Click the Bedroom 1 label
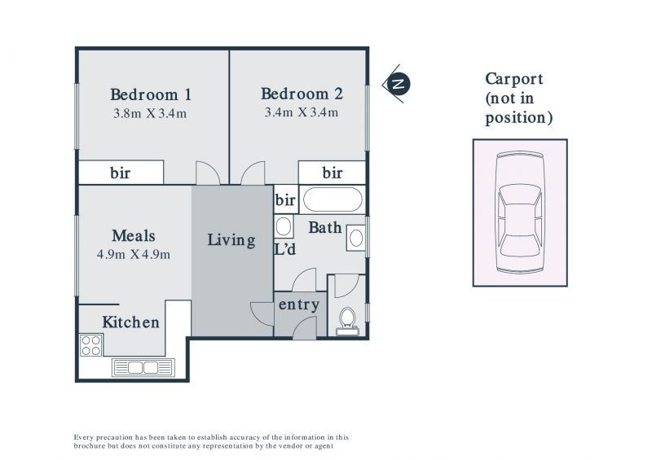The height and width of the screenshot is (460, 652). point(151,94)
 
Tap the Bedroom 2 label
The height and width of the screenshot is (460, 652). point(302,94)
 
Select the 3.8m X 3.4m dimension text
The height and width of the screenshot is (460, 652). point(150,113)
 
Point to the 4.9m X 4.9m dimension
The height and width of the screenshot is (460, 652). point(134,254)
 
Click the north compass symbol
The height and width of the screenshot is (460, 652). point(398,84)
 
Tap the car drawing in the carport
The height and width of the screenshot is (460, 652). point(520,212)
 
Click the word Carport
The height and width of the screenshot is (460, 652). point(514,79)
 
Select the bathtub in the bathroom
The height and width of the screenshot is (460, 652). point(333,199)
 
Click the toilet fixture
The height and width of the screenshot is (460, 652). point(347,322)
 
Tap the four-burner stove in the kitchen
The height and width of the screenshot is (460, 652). point(91,345)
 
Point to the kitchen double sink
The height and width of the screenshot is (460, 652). point(143,368)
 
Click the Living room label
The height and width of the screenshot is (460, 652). point(231,240)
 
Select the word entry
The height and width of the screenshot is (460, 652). point(299,304)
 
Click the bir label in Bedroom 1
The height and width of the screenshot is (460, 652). point(120,173)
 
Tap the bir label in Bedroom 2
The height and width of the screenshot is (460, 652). point(333,173)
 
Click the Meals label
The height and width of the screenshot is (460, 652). point(134,235)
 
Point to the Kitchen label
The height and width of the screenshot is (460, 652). point(130,322)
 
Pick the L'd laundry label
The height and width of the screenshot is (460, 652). point(285,249)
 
